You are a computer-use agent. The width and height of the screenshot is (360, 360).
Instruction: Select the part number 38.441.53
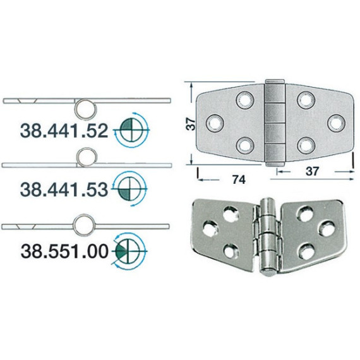(64, 189)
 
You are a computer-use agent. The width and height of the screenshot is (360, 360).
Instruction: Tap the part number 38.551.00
(64, 251)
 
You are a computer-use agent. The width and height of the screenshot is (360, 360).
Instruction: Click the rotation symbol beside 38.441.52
(131, 130)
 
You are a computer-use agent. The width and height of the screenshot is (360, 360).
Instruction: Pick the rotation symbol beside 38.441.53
(129, 189)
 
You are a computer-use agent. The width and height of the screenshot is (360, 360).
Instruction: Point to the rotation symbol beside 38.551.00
(129, 251)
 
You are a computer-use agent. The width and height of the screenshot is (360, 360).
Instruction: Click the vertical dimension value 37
(191, 124)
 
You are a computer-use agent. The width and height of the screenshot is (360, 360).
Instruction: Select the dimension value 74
(239, 179)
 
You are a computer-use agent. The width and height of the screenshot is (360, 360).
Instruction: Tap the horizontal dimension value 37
(312, 171)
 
